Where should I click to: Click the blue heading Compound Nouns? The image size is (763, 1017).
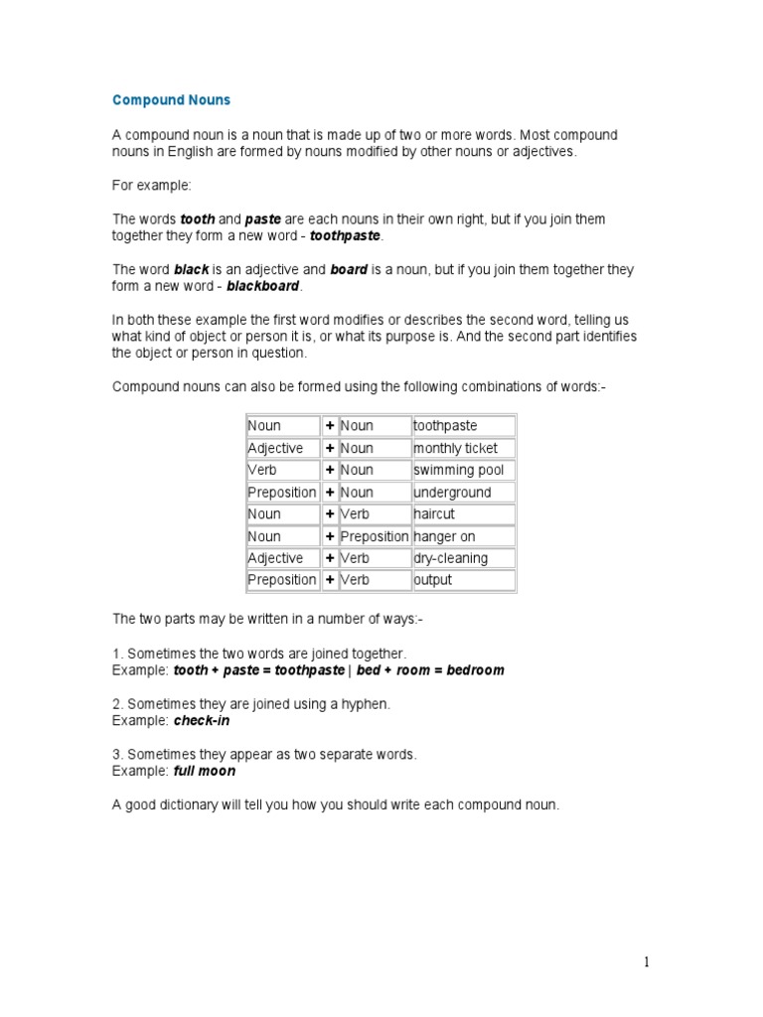pyautogui.click(x=171, y=100)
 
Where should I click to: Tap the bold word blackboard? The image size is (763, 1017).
pyautogui.click(x=263, y=287)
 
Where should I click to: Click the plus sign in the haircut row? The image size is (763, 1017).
pyautogui.click(x=329, y=514)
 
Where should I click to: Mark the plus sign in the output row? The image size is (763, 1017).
pyautogui.click(x=329, y=580)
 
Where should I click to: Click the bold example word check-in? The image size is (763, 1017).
pyautogui.click(x=203, y=720)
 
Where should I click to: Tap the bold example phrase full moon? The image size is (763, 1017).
pyautogui.click(x=205, y=771)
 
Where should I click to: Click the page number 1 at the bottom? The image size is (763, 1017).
pyautogui.click(x=646, y=961)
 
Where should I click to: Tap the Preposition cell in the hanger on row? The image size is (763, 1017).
pyautogui.click(x=374, y=536)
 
